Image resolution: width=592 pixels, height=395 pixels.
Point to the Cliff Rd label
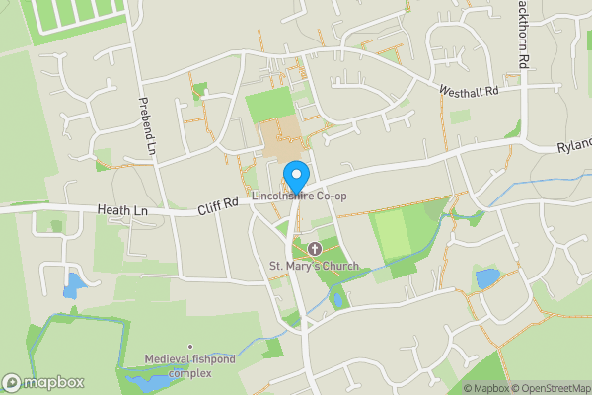click(x=217, y=203)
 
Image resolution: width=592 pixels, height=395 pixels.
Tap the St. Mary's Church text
click(x=314, y=266)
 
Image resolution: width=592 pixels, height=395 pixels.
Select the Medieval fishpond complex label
click(x=178, y=366)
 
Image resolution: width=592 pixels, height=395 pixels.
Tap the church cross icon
click(x=314, y=249)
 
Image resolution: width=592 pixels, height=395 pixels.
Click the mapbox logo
click(x=43, y=382)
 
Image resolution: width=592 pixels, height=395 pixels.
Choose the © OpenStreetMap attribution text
click(x=551, y=388)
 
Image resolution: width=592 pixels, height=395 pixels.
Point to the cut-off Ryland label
click(x=573, y=146)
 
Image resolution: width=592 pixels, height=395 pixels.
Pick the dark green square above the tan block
click(x=267, y=105)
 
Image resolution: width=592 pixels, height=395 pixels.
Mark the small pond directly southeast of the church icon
click(x=337, y=299)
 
